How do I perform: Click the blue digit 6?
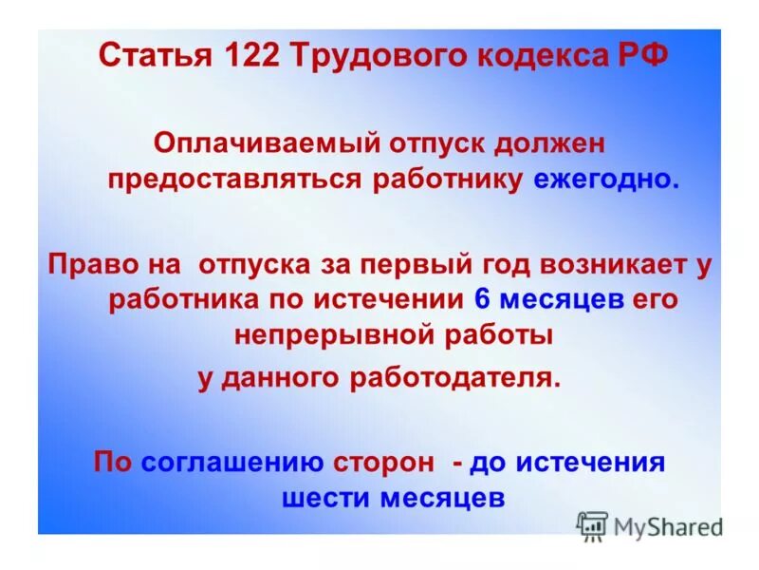481,299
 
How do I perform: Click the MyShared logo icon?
592,524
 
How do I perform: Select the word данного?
287,377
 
